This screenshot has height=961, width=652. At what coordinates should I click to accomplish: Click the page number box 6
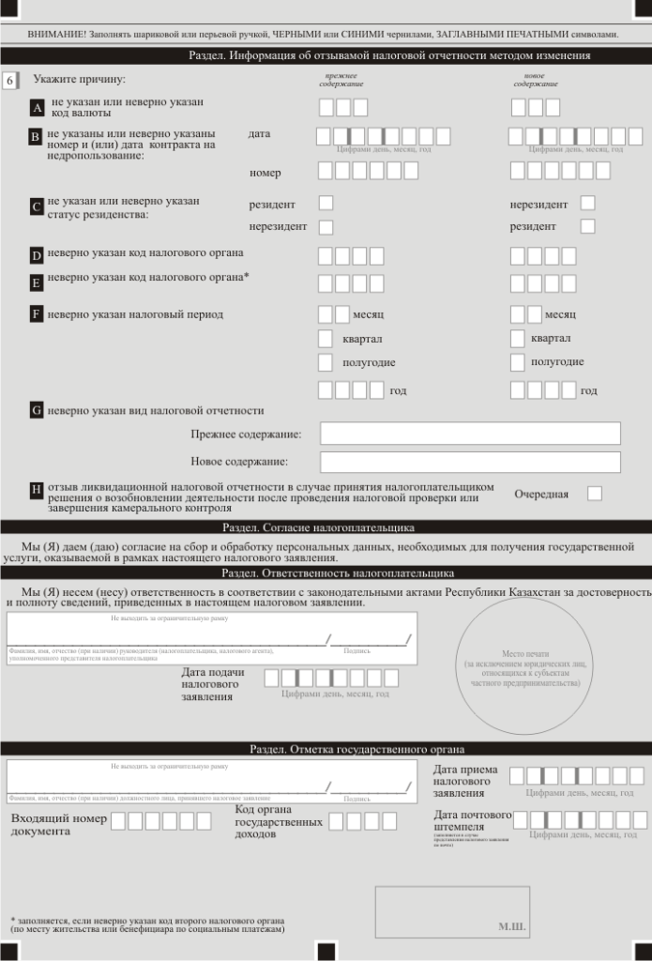click(x=9, y=81)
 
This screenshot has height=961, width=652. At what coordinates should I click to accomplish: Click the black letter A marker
click(x=38, y=108)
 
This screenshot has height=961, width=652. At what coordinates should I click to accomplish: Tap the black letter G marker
click(x=37, y=410)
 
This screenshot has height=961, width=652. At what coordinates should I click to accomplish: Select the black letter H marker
click(x=37, y=489)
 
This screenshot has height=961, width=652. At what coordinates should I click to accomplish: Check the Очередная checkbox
click(x=595, y=493)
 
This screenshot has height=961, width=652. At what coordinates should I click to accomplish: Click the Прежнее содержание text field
click(x=470, y=434)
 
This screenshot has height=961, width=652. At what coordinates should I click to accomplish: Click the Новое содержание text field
click(x=470, y=462)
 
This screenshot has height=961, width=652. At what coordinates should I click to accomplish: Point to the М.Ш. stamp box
click(x=452, y=911)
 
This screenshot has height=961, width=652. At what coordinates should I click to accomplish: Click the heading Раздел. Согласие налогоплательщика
click(x=318, y=527)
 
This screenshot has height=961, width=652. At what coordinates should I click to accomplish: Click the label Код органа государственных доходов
click(x=278, y=821)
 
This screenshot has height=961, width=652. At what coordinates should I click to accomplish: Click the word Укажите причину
click(x=79, y=80)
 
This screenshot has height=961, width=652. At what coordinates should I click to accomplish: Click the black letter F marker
click(x=37, y=314)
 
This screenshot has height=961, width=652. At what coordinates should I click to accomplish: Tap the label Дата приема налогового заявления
click(x=465, y=781)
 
